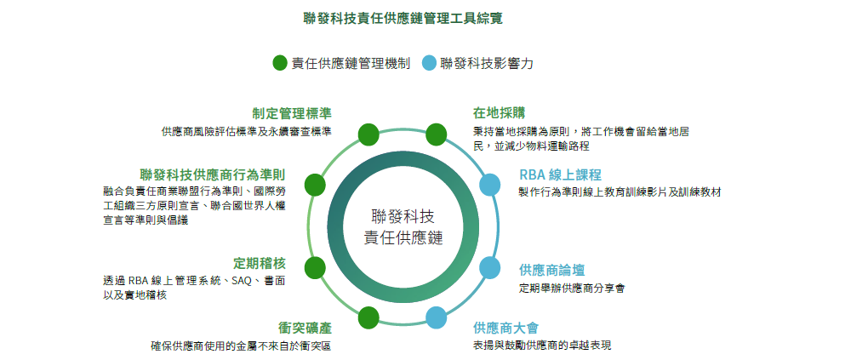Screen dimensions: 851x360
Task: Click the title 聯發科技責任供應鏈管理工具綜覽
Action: pyautogui.click(x=403, y=19)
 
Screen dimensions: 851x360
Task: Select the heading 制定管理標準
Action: pyautogui.click(x=291, y=113)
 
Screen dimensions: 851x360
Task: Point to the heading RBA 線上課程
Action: pyautogui.click(x=560, y=174)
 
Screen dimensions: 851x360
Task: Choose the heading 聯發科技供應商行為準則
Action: pyautogui.click(x=212, y=174)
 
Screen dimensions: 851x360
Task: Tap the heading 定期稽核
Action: pyautogui.click(x=260, y=263)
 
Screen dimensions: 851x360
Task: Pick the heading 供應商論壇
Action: pyautogui.click(x=552, y=270)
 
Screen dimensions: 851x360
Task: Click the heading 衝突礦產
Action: pyautogui.click(x=305, y=328)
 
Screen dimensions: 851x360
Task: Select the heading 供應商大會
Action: pyautogui.click(x=505, y=328)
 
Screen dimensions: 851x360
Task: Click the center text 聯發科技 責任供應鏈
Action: pyautogui.click(x=403, y=227)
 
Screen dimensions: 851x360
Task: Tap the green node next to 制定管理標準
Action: pyautogui.click(x=369, y=134)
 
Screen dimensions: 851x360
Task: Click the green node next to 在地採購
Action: pyautogui.click(x=436, y=134)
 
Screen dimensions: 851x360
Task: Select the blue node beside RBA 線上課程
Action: pyautogui.click(x=489, y=185)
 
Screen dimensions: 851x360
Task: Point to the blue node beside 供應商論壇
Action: pyautogui.click(x=489, y=267)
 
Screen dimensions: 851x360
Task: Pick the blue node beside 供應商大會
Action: pyautogui.click(x=436, y=317)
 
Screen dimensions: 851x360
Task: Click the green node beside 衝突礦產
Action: pyautogui.click(x=369, y=317)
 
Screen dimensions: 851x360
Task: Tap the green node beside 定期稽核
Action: pyautogui.click(x=315, y=268)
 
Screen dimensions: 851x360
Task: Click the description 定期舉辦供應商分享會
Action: pyautogui.click(x=572, y=289)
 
